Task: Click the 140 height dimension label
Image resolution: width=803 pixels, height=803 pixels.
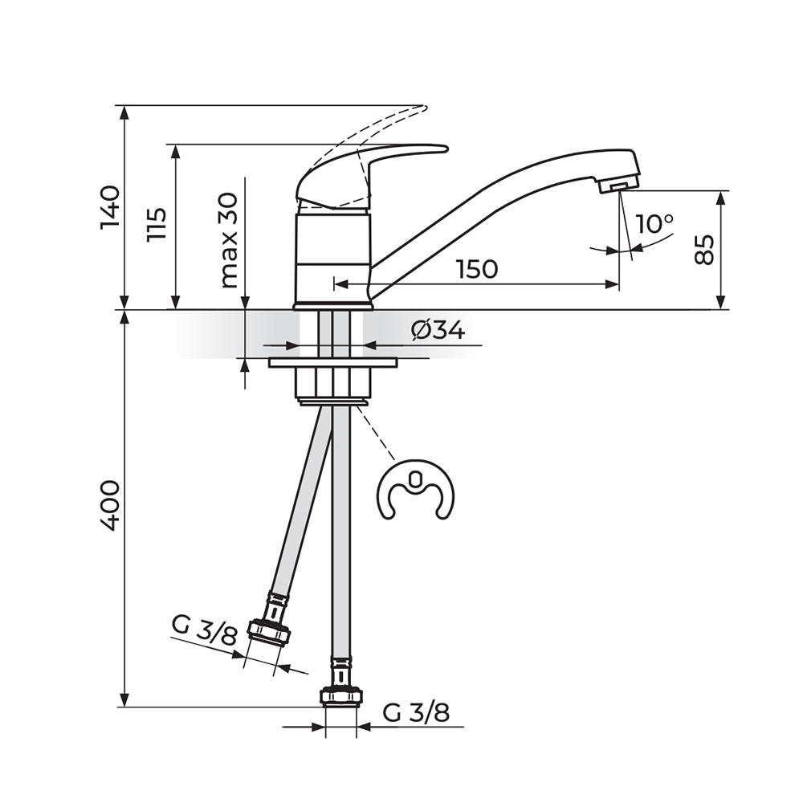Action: click(110, 207)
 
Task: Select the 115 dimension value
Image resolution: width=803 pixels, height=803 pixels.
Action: click(157, 224)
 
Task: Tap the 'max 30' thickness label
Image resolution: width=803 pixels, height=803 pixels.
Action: click(229, 241)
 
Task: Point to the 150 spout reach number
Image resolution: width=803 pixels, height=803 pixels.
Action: click(477, 269)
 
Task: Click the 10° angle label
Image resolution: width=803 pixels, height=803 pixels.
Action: click(654, 224)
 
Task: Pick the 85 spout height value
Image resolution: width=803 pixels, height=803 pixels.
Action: click(704, 250)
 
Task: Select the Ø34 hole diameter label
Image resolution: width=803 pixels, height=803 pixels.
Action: click(438, 330)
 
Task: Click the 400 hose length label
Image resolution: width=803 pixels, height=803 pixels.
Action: click(110, 505)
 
